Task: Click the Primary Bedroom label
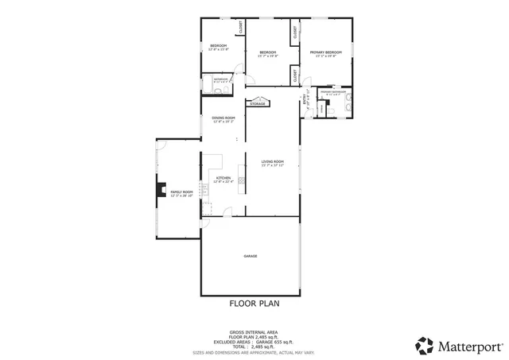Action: pos(324,53)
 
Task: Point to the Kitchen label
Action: pos(223,179)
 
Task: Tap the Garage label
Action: pos(250,256)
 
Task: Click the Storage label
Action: pos(257,104)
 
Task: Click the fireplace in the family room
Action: pos(157,192)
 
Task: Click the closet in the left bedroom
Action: pos(239,29)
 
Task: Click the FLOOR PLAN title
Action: pos(254,303)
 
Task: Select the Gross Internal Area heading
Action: pos(254,332)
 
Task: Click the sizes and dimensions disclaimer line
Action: pos(254,352)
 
